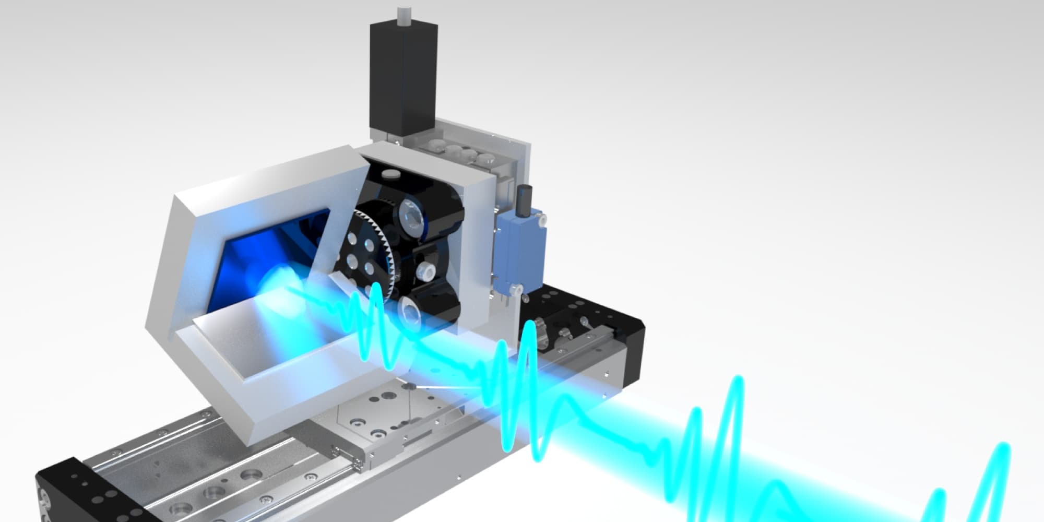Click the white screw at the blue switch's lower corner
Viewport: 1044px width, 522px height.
pos(516,288)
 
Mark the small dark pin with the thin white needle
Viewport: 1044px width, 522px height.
pos(411,386)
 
